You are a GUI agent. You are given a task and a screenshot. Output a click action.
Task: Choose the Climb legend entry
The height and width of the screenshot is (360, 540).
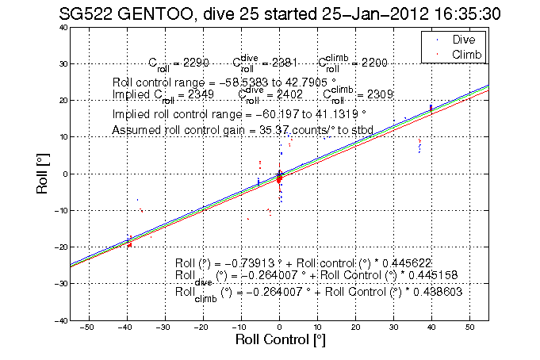pyautogui.click(x=467, y=53)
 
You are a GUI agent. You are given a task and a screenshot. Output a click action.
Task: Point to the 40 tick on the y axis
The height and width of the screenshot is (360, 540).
pyautogui.click(x=60, y=27)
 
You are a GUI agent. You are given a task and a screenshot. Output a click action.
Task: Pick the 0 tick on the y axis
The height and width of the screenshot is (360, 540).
pyautogui.click(x=63, y=174)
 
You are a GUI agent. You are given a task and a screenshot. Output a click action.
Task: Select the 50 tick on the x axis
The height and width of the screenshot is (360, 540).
pyautogui.click(x=470, y=327)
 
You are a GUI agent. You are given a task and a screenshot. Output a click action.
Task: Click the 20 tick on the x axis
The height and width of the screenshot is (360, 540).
pyautogui.click(x=355, y=327)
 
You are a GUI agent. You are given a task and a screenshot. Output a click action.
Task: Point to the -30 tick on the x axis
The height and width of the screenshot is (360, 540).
pyautogui.click(x=164, y=327)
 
